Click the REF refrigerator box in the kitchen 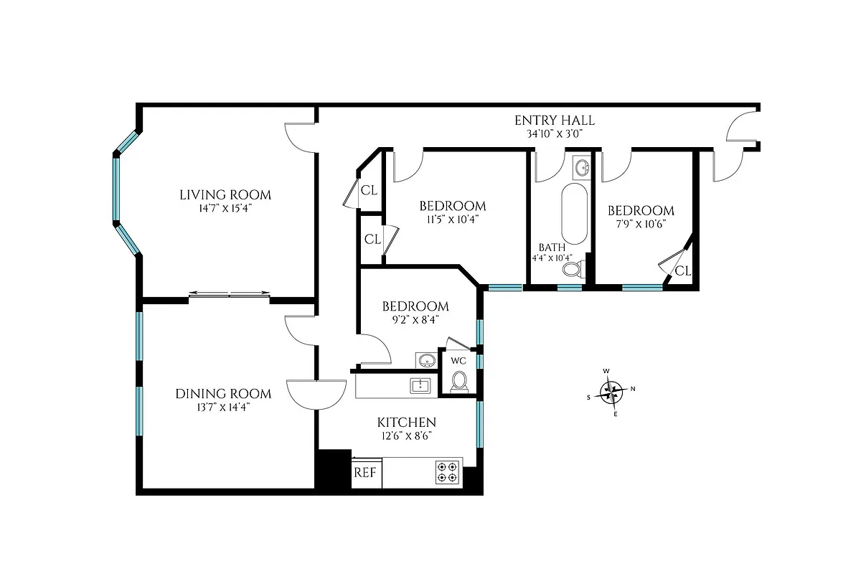pos(366,474)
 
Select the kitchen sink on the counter pos(420,386)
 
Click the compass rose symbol pos(611,392)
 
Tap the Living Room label pos(225,194)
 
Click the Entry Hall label pos(555,121)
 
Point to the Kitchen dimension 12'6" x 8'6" pos(407,436)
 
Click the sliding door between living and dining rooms pos(230,293)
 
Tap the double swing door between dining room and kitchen pos(316,394)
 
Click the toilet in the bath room pos(573,270)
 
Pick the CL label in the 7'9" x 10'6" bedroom pos(682,270)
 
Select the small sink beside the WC pos(425,359)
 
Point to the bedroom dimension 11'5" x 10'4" pos(452,220)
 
